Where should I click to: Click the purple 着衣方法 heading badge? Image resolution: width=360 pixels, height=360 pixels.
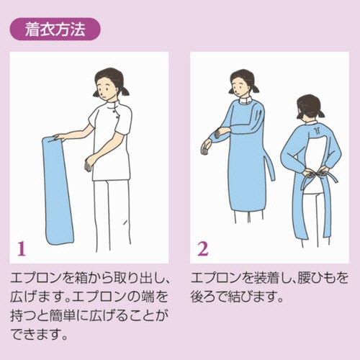(55, 29)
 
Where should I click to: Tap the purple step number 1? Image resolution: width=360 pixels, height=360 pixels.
(22, 249)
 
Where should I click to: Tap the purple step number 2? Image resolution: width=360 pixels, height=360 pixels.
(203, 249)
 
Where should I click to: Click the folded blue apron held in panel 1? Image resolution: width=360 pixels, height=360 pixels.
(58, 191)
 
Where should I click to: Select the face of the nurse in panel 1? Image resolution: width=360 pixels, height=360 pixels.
(104, 88)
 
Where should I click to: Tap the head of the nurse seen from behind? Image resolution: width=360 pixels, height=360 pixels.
(310, 108)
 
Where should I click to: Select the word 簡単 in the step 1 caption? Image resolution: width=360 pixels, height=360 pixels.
(63, 316)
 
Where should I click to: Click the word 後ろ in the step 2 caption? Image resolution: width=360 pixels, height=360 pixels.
(204, 297)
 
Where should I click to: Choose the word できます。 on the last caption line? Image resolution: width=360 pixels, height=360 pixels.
(39, 334)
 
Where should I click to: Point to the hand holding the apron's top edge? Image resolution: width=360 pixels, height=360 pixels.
(58, 138)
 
